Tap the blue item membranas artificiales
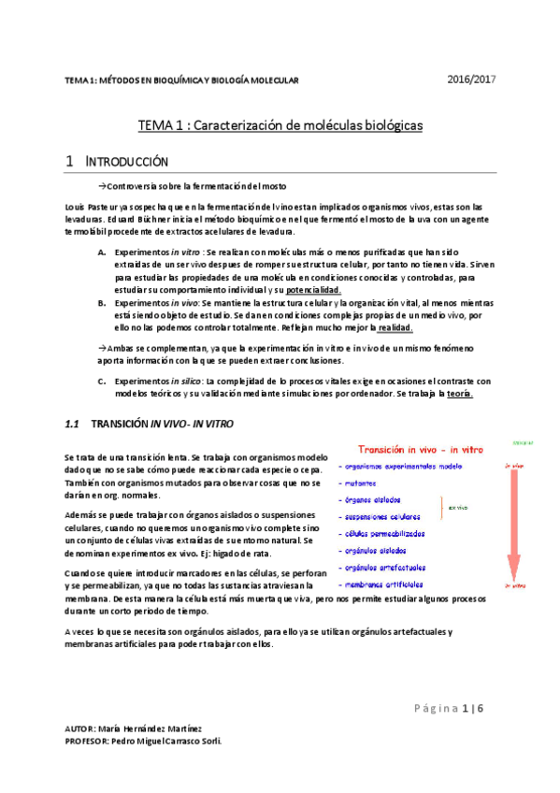(x=384, y=584)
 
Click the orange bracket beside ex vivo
(x=443, y=508)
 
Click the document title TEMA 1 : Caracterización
(x=280, y=123)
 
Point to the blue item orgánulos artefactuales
(x=384, y=567)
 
